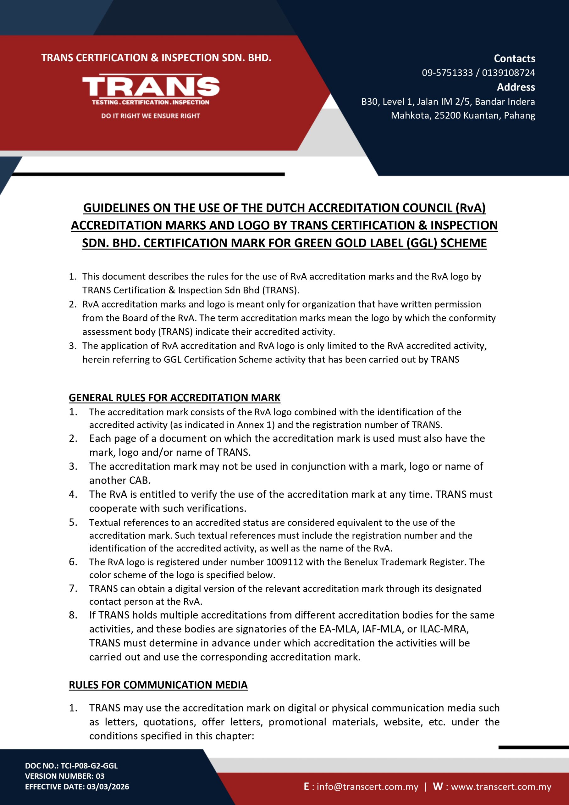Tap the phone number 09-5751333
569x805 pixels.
tap(447, 73)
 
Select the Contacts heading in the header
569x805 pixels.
tap(514, 58)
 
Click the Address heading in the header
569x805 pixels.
tap(516, 87)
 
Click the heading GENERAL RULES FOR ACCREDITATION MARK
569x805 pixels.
tap(174, 397)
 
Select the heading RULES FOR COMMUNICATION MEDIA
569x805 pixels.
tap(158, 685)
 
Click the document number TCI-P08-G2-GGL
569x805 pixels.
tap(89, 765)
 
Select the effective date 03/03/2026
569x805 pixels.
tap(108, 786)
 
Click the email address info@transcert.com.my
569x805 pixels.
tap(367, 786)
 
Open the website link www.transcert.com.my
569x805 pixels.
tap(501, 786)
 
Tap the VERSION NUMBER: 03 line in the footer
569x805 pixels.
tap(64, 776)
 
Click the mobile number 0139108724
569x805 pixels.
tap(508, 73)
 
